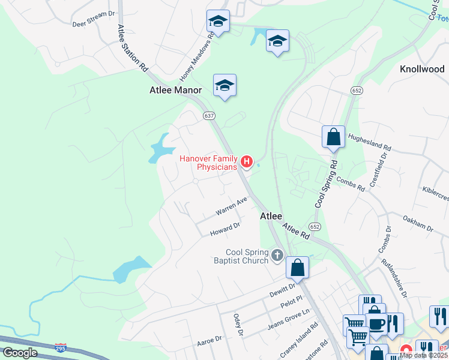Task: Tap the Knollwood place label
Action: click(x=422, y=69)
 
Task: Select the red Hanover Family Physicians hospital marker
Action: click(x=246, y=161)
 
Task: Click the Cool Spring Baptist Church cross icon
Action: click(x=277, y=255)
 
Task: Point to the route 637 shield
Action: click(x=208, y=116)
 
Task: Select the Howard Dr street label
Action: click(x=225, y=229)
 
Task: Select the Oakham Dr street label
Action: click(x=418, y=223)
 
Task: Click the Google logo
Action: click(x=20, y=352)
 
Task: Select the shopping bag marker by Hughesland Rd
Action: click(x=334, y=137)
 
